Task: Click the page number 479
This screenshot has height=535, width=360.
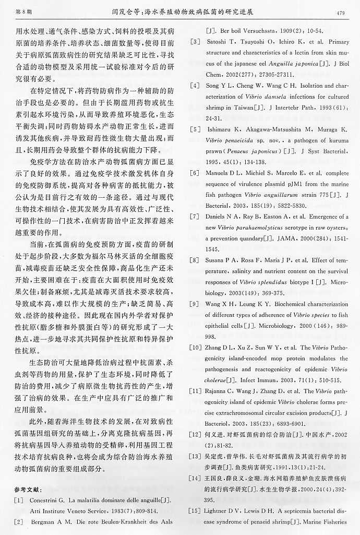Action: tap(341, 13)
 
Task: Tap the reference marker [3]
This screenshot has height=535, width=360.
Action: tap(196, 41)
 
